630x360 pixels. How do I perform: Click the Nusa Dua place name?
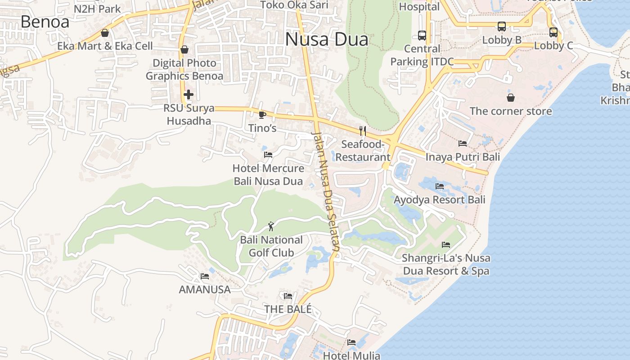pyautogui.click(x=327, y=40)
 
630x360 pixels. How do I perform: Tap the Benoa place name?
pyautogui.click(x=45, y=22)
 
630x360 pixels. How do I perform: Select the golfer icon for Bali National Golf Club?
pyautogui.click(x=271, y=226)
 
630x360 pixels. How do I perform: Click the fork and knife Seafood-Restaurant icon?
pyautogui.click(x=363, y=131)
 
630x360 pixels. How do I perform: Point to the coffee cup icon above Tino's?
pyautogui.click(x=262, y=115)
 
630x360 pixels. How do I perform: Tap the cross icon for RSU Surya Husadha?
pyautogui.click(x=189, y=94)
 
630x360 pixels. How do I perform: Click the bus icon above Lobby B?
pyautogui.click(x=502, y=27)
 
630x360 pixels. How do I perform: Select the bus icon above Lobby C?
pyautogui.click(x=553, y=32)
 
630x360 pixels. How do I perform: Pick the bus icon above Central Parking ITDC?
pyautogui.click(x=422, y=35)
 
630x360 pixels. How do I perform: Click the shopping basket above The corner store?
pyautogui.click(x=511, y=98)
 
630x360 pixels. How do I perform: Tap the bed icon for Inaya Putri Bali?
pyautogui.click(x=463, y=144)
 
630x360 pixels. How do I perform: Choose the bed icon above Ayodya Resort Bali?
pyautogui.click(x=440, y=186)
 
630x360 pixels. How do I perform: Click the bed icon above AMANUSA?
pyautogui.click(x=205, y=276)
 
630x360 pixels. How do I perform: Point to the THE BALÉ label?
pyautogui.click(x=288, y=309)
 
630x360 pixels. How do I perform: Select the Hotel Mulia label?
pyautogui.click(x=351, y=355)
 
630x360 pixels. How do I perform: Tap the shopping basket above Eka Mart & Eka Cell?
pyautogui.click(x=105, y=33)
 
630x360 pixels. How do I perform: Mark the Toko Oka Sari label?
pyautogui.click(x=294, y=5)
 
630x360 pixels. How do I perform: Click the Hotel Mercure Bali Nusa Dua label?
pyautogui.click(x=268, y=175)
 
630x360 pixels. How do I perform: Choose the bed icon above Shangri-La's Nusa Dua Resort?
pyautogui.click(x=446, y=245)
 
